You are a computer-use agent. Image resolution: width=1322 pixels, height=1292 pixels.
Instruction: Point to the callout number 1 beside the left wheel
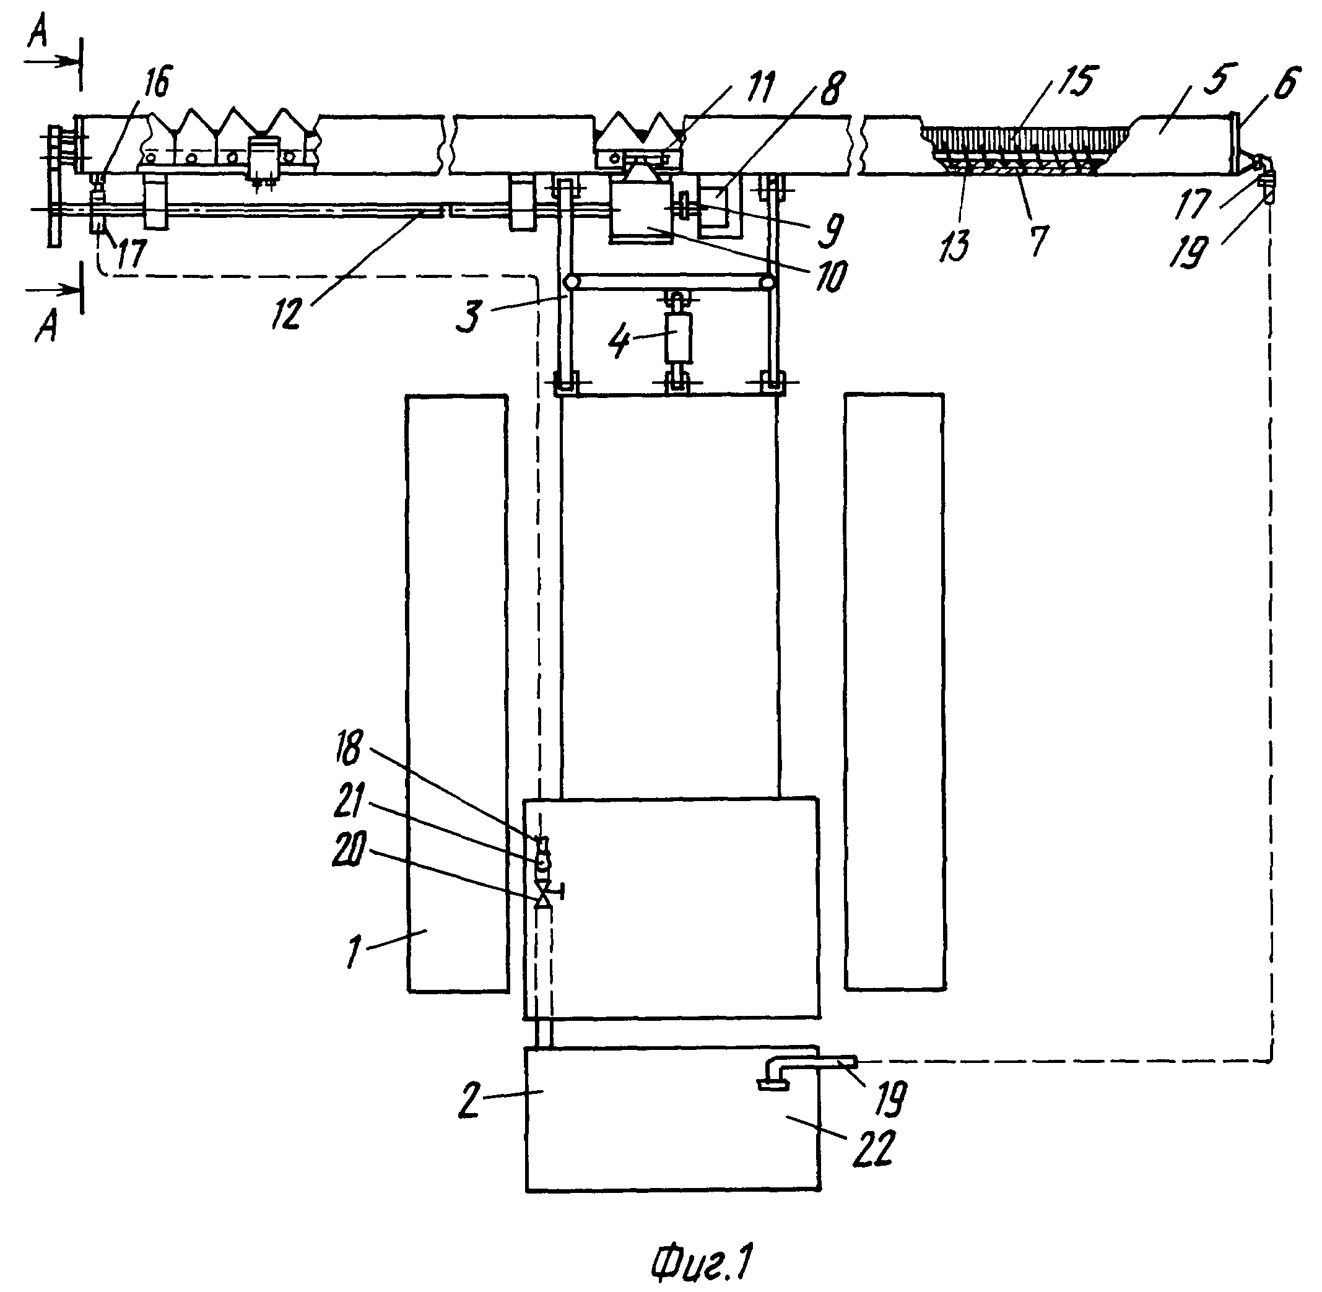[x=354, y=951]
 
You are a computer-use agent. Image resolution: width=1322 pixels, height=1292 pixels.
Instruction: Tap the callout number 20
[x=349, y=849]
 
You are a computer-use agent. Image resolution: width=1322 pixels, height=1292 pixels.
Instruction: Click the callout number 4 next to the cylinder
[x=619, y=341]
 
